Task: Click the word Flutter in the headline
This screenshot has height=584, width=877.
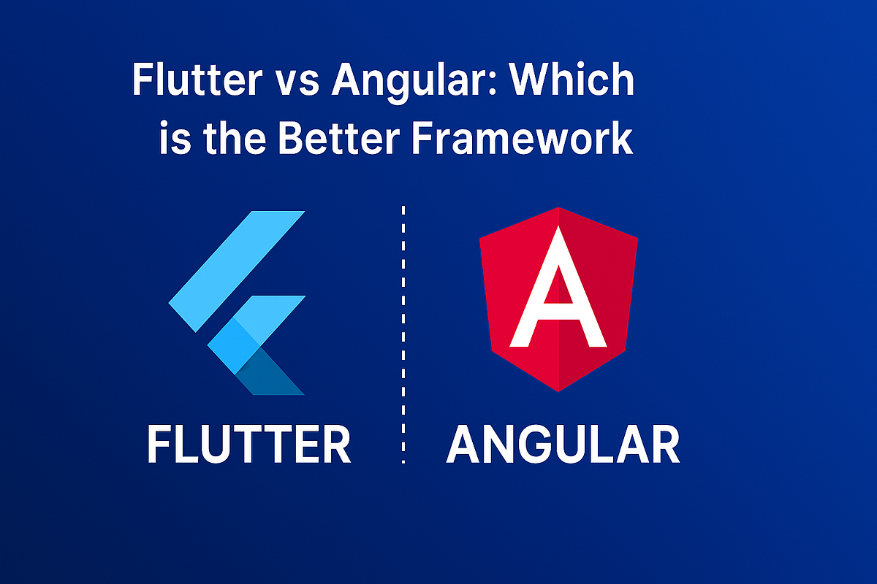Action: click(x=192, y=81)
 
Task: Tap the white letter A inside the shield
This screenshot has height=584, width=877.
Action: click(x=558, y=292)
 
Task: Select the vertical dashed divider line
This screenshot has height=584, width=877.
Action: click(x=403, y=336)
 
